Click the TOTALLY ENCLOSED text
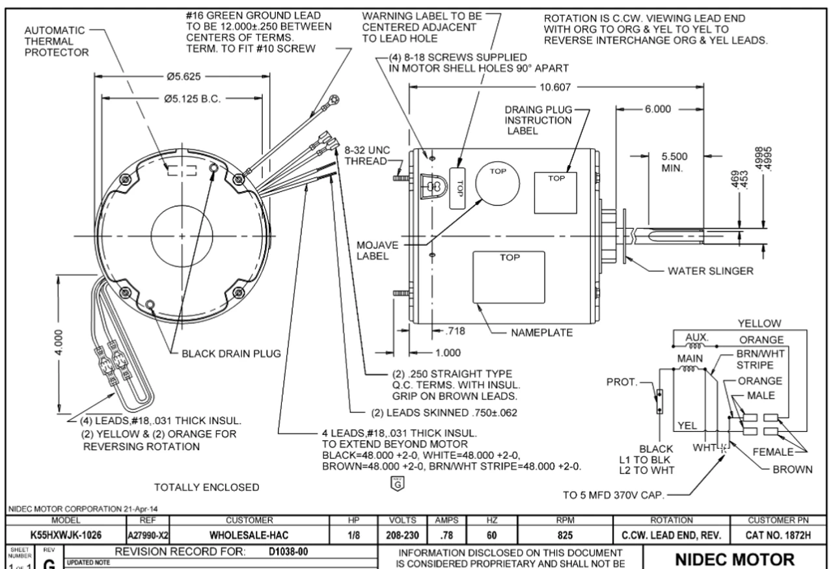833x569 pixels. [x=206, y=487]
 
